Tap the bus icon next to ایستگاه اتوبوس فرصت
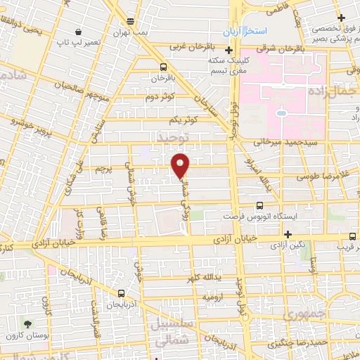(259, 205)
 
